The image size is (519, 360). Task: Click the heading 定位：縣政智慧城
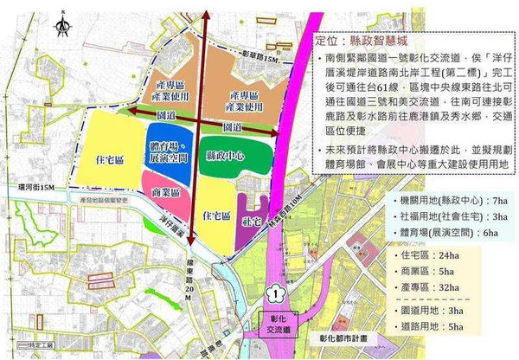coord(347,41)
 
